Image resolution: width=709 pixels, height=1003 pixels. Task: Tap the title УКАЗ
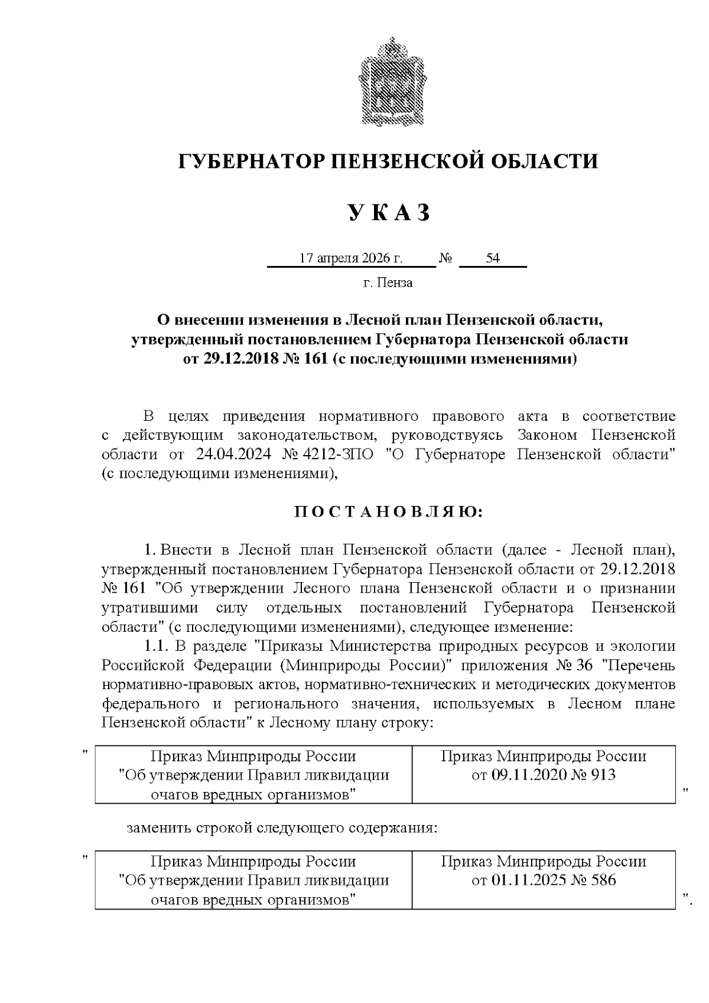point(388,213)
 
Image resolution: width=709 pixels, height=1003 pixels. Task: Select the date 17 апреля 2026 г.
point(351,258)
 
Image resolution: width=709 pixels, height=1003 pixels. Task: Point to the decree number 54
point(492,258)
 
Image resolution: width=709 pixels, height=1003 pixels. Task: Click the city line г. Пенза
point(388,283)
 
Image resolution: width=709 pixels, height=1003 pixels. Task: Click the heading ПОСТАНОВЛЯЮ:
point(388,511)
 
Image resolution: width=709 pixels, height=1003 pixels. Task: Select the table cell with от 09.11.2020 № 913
point(543,774)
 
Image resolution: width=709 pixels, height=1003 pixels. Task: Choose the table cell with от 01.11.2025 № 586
point(543,880)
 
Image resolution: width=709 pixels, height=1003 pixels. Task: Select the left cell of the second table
point(253,880)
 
